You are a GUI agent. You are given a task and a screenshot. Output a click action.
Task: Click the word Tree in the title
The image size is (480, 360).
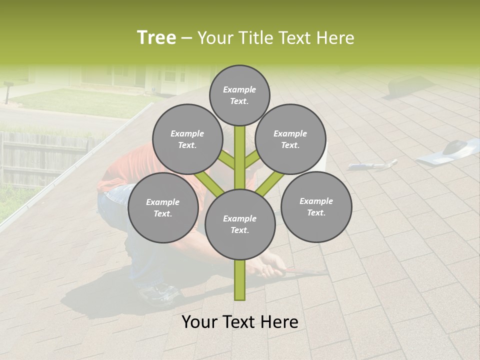(x=156, y=38)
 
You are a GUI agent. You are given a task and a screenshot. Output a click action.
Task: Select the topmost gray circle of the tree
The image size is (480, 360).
(x=239, y=95)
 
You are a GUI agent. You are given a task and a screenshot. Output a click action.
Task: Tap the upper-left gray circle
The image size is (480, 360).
(x=187, y=139)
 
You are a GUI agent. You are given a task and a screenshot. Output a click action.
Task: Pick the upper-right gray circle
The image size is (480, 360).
(x=290, y=139)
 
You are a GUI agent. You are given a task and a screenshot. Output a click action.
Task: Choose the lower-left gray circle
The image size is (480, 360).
(x=162, y=207)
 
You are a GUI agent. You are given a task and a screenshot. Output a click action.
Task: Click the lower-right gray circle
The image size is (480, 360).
(x=316, y=206)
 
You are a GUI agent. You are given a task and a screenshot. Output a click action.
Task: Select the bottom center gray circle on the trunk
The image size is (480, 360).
(x=239, y=224)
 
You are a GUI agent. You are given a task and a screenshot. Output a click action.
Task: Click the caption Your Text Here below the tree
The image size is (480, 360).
(x=239, y=322)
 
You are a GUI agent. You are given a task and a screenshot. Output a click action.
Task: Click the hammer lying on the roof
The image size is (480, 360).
(x=372, y=164)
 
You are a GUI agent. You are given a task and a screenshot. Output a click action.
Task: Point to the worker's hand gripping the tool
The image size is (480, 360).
(x=270, y=270)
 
